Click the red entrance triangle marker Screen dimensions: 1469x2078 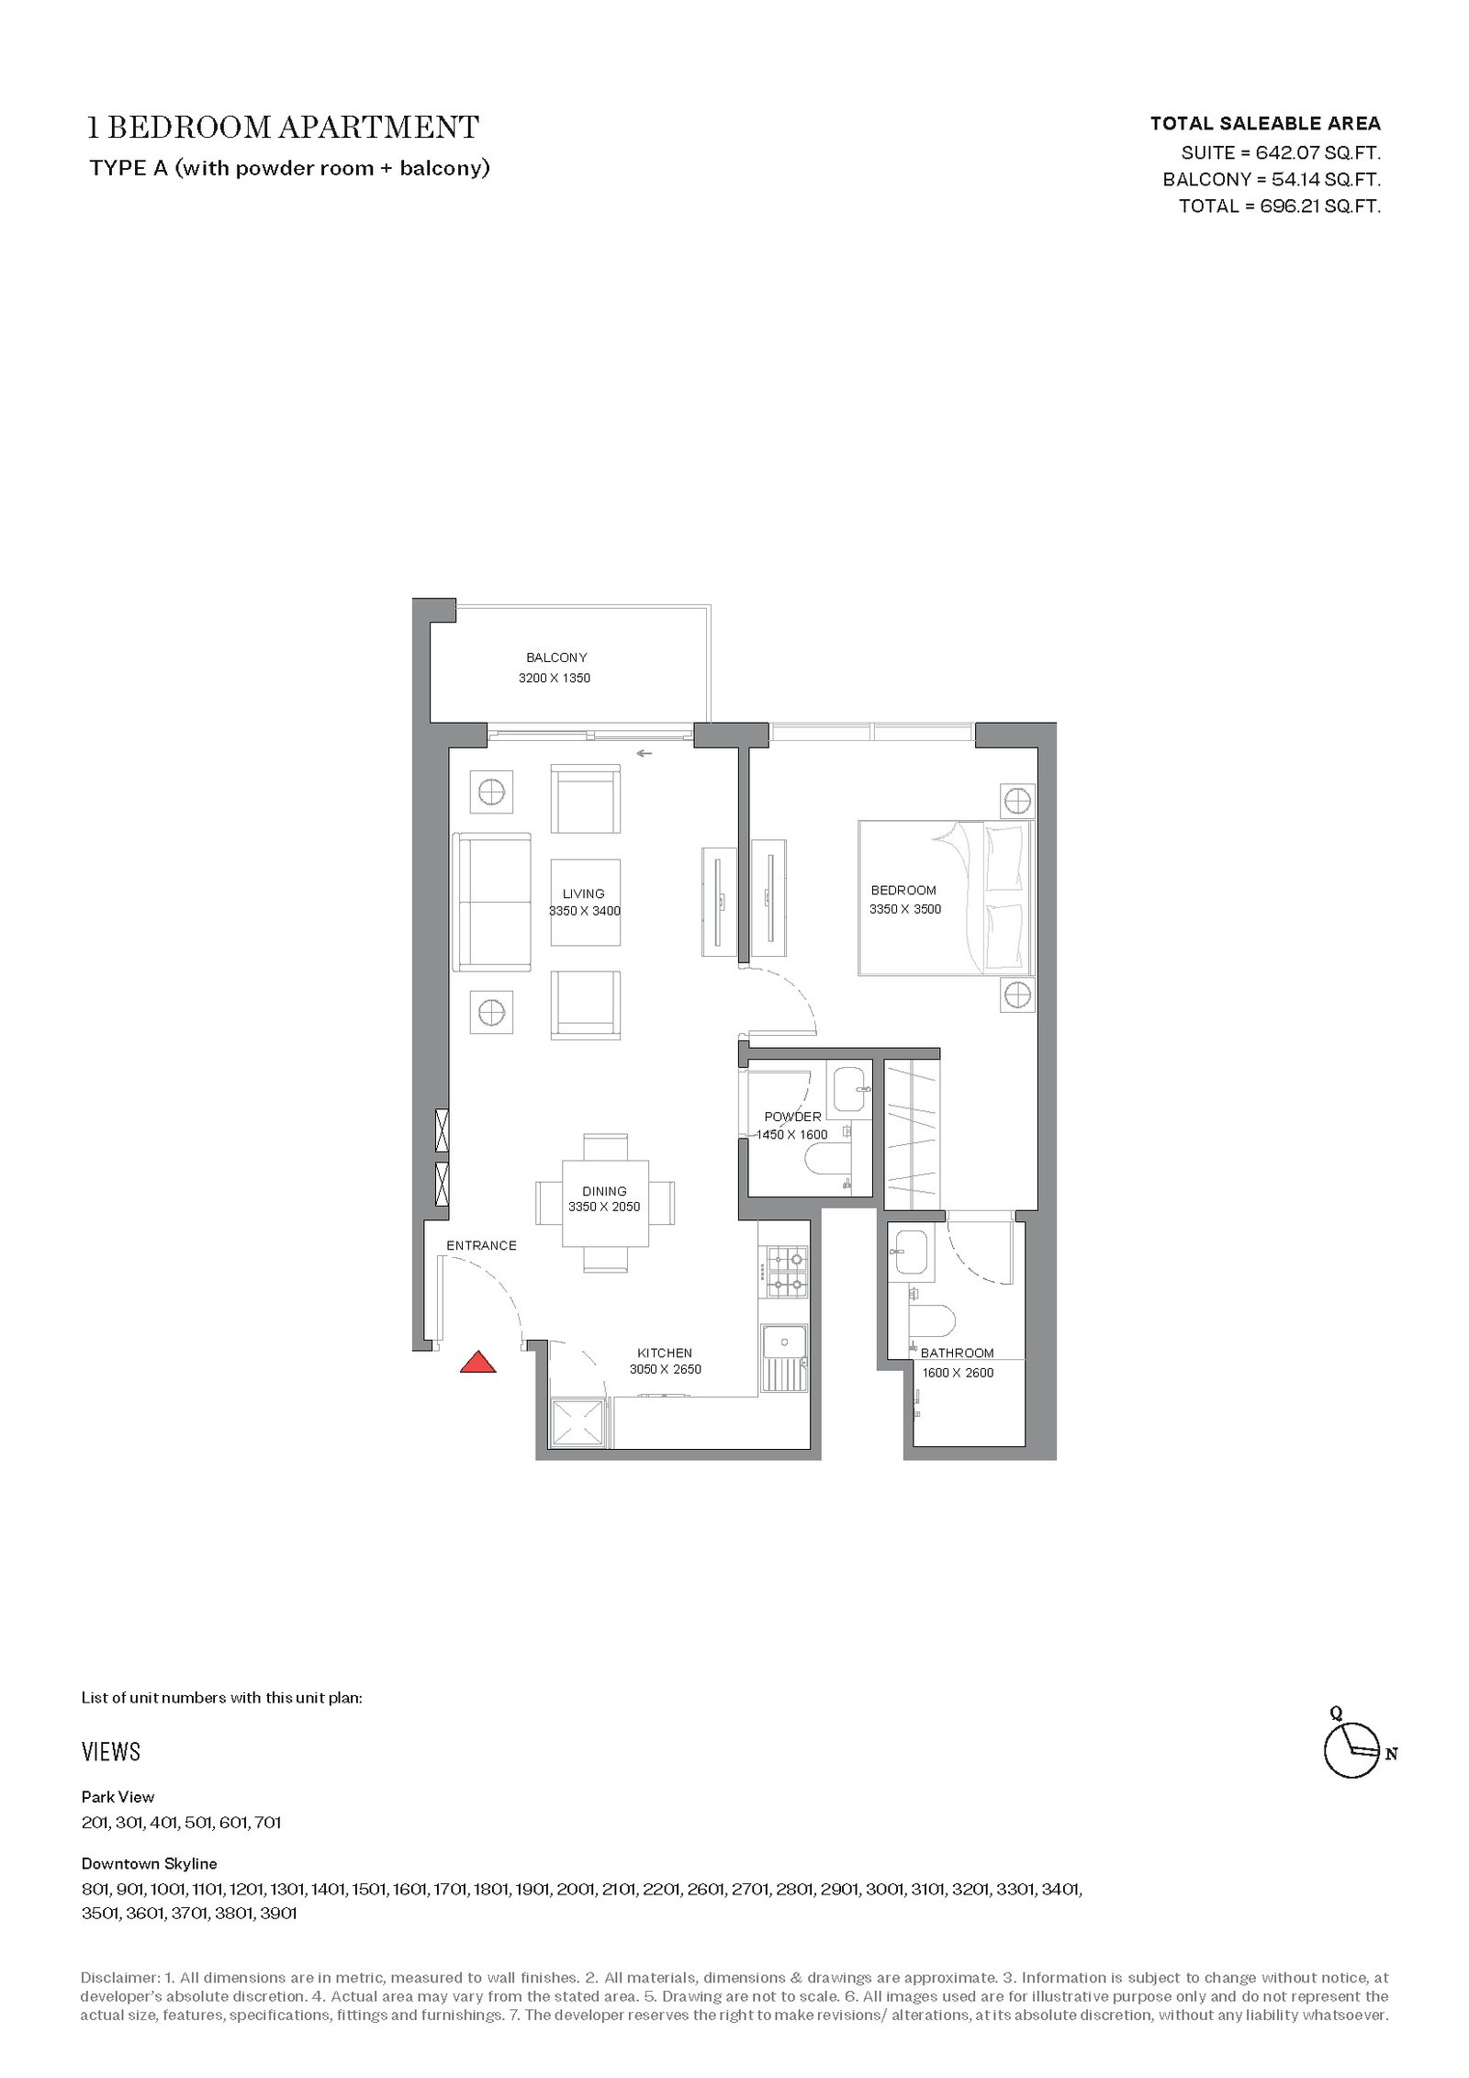tap(477, 1362)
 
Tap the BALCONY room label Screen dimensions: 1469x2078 tap(556, 657)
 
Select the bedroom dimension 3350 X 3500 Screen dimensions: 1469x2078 tap(905, 909)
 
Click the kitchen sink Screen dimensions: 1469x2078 tap(784, 1358)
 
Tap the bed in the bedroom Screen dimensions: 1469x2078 tap(946, 897)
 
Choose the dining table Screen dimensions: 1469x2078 tap(605, 1202)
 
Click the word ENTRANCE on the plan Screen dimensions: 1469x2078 tap(481, 1245)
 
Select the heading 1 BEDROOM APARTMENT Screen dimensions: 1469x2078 tap(284, 127)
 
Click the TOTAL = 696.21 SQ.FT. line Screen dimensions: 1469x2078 tap(1280, 206)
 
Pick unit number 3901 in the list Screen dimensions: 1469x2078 tap(279, 1913)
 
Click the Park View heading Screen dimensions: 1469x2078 tap(118, 1796)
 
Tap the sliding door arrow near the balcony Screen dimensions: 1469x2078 tap(645, 754)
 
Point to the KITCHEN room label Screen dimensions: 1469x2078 tap(665, 1353)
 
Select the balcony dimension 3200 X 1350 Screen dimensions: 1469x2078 tap(555, 678)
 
